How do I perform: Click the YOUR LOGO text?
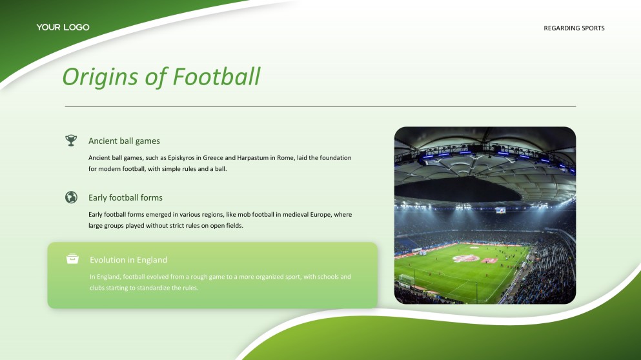63,27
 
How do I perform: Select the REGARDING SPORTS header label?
574,28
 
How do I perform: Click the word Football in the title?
217,76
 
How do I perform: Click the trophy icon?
71,141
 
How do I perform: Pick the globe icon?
71,197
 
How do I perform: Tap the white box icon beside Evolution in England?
72,259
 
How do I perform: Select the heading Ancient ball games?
125,141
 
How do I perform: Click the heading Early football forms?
125,198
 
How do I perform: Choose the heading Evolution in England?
128,260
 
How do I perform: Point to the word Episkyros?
181,158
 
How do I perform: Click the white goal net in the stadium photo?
406,280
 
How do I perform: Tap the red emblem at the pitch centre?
466,258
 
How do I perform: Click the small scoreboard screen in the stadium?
500,210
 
